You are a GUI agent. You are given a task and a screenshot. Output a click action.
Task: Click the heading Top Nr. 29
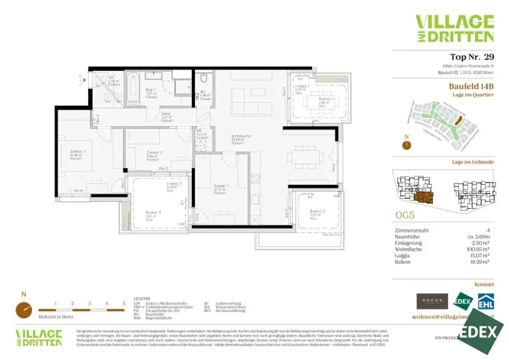tap(472, 57)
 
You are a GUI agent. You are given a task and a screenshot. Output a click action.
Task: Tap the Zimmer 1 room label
tap(221, 187)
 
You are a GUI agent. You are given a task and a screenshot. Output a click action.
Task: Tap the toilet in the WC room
tap(203, 80)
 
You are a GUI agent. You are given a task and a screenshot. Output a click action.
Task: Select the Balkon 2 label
tap(317, 213)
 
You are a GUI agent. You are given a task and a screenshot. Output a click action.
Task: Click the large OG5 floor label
tap(405, 216)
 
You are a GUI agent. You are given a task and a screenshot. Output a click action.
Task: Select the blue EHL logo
tap(485, 301)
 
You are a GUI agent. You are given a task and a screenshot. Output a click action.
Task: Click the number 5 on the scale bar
tap(123, 303)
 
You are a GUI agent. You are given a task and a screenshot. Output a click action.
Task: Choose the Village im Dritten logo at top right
tap(454, 28)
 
